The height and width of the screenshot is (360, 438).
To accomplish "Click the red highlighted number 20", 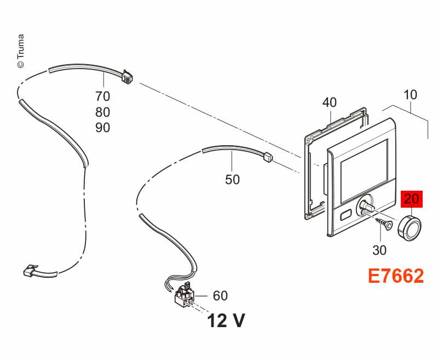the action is coord(412,199).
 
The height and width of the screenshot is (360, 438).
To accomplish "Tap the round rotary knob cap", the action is coord(409,227).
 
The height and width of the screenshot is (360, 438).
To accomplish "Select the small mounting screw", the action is coord(384,223).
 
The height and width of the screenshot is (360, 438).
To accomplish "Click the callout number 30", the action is coord(379,250).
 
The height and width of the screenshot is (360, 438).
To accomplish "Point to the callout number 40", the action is coord(330,102).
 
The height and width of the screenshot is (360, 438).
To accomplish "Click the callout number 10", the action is coord(410,95).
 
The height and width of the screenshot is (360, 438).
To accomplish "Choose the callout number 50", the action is coord(232,179).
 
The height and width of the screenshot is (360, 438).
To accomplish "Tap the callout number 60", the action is coord(221,295).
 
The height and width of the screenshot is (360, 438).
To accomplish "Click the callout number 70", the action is coord(103,96).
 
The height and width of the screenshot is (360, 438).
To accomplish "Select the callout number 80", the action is coord(103,112).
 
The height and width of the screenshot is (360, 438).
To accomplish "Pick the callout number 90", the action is coord(103,128).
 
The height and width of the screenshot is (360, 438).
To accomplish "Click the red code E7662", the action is coord(396,276).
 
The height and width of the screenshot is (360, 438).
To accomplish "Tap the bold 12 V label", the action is coord(226,321).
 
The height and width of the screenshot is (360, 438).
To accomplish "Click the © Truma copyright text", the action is coord(21,51).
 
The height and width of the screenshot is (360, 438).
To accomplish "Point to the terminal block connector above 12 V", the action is coord(184,296).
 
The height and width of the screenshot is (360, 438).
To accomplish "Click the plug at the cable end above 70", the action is coord(126,77).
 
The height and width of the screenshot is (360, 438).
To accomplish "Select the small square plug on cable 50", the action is coord(268,157).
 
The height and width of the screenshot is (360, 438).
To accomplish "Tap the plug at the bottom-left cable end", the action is coord(29,270).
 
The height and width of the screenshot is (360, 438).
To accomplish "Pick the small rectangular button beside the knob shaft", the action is coord(347,215).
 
